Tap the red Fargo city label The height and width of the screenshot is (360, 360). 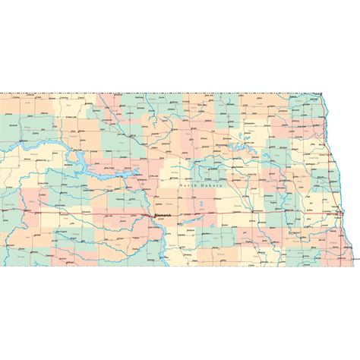coord(332,214)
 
